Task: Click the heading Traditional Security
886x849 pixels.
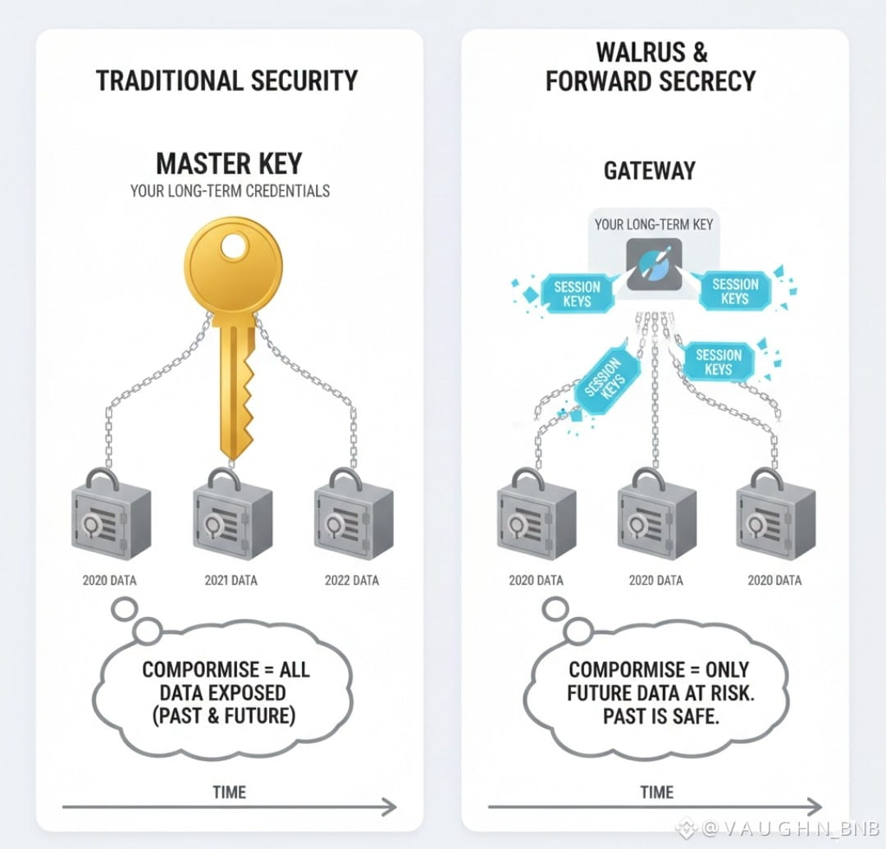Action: (x=227, y=80)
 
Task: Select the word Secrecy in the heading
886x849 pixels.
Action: (x=701, y=80)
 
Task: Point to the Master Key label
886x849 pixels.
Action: (x=230, y=163)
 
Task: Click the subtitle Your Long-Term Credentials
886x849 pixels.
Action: (x=230, y=191)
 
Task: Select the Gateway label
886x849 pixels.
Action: (x=649, y=171)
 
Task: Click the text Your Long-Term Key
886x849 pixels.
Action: (x=653, y=224)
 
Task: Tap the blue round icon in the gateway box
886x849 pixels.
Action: (x=654, y=264)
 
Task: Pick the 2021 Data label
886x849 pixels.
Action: (x=231, y=581)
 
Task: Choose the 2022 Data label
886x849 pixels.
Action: (x=352, y=581)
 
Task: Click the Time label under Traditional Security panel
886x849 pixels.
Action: (x=229, y=792)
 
